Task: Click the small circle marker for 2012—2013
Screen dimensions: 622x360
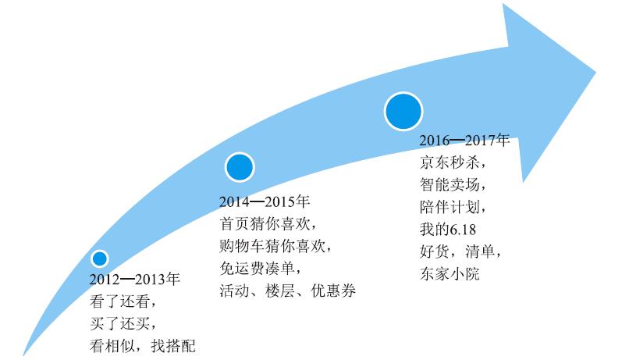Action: [100, 258]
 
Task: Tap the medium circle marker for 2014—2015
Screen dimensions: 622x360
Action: [240, 167]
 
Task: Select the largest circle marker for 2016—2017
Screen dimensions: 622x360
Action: [403, 111]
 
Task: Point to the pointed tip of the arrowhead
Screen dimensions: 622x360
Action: [595, 73]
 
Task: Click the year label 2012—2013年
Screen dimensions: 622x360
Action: [135, 280]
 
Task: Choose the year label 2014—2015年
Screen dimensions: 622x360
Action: [265, 201]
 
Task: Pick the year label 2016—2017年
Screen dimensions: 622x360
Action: [464, 140]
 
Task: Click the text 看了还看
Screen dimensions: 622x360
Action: [120, 301]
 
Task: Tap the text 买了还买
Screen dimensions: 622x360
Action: [120, 324]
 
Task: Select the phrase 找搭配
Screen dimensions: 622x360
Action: [173, 346]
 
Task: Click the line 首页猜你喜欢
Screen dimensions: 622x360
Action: [265, 224]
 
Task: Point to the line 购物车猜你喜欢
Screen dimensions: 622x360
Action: [272, 246]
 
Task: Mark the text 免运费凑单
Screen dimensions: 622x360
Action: [257, 269]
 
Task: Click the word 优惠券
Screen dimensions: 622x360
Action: [333, 290]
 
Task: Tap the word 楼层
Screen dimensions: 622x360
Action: [280, 290]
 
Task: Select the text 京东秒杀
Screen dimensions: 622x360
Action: [450, 162]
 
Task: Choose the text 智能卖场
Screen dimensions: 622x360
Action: [450, 184]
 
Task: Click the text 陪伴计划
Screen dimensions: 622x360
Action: [450, 207]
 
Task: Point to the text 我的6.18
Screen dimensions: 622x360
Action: [448, 229]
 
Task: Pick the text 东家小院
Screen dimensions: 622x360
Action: [450, 273]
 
